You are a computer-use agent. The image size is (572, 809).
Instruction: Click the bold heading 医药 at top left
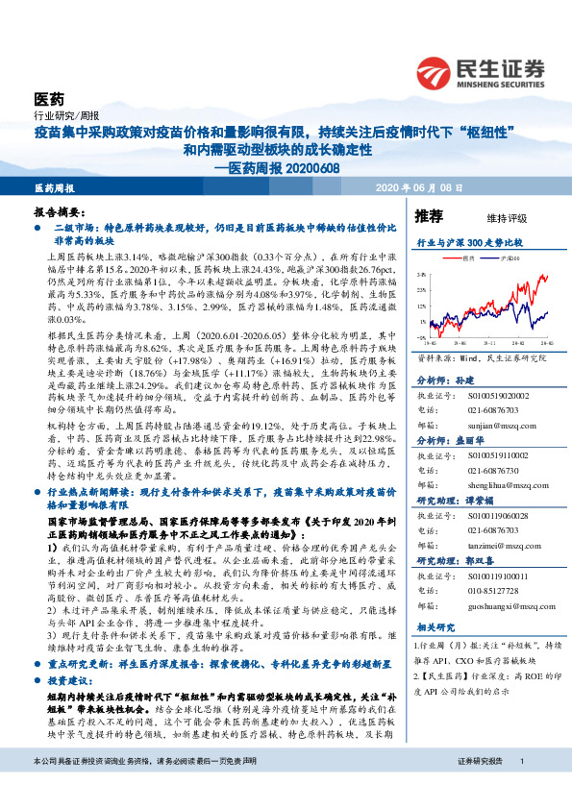point(49,99)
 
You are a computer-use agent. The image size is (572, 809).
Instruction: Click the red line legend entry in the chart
point(462,259)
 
